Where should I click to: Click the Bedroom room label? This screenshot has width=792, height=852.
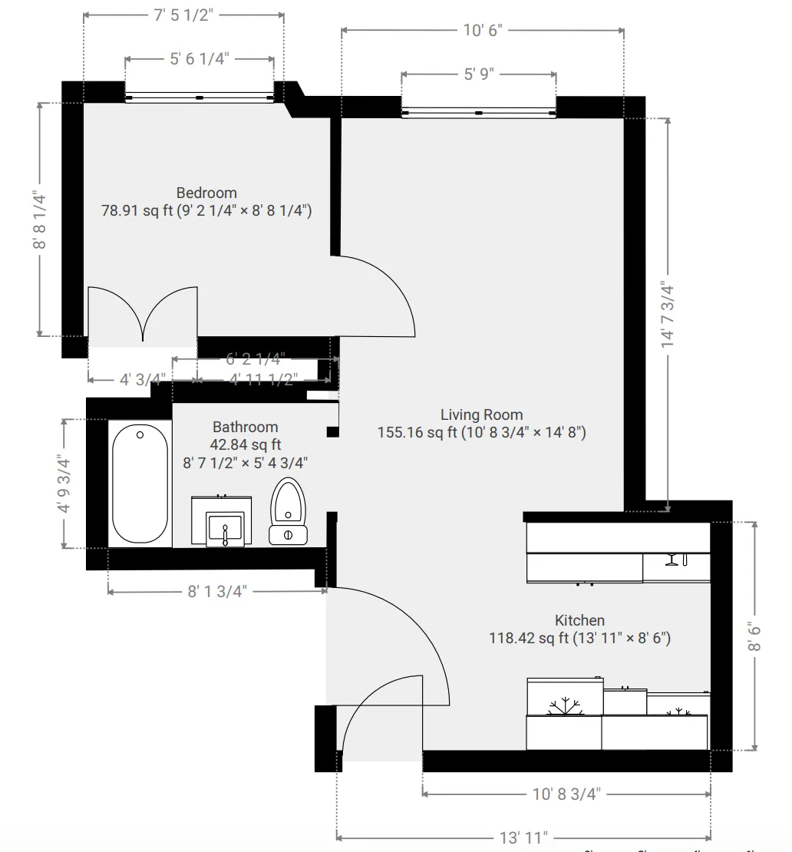(206, 193)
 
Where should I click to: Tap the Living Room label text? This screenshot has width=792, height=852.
(481, 414)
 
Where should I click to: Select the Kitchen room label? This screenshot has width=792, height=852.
(579, 620)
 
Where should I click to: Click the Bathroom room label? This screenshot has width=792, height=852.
(245, 427)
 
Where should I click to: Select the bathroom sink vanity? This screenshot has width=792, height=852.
(222, 523)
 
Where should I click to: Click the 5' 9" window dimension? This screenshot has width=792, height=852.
(479, 74)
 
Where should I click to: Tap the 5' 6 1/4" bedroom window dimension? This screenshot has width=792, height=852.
(200, 59)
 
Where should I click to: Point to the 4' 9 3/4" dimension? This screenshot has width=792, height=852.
(64, 484)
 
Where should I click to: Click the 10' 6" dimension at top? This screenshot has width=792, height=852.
(482, 30)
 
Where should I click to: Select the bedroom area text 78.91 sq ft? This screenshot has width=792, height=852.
(137, 211)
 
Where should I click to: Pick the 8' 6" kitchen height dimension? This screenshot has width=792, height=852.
(755, 636)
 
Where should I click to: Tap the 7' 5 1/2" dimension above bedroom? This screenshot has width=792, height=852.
(183, 15)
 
